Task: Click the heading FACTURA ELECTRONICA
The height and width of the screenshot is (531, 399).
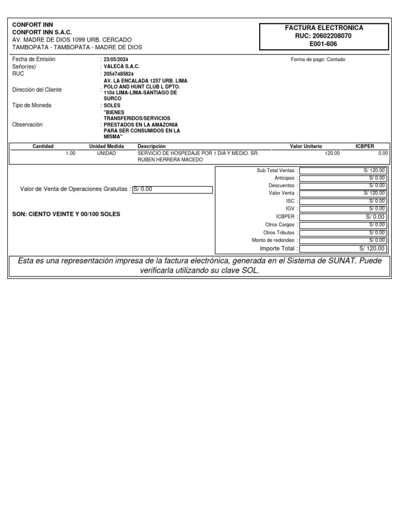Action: pyautogui.click(x=324, y=27)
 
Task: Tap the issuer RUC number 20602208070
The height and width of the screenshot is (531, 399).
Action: pyautogui.click(x=324, y=36)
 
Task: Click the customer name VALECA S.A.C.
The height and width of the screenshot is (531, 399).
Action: pyautogui.click(x=122, y=66)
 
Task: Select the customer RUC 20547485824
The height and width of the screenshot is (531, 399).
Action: pyautogui.click(x=118, y=74)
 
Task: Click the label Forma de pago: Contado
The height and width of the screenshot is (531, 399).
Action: pyautogui.click(x=317, y=59)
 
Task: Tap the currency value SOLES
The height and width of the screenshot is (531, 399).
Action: pyautogui.click(x=112, y=105)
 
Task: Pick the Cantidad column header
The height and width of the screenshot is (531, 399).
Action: pyautogui.click(x=43, y=146)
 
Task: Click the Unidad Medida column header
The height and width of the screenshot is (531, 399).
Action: pyautogui.click(x=107, y=146)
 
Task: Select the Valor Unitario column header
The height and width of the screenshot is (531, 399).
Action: pyautogui.click(x=305, y=146)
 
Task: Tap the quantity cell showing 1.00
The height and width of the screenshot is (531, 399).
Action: pyautogui.click(x=71, y=153)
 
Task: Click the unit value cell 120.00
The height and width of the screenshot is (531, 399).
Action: pyautogui.click(x=332, y=153)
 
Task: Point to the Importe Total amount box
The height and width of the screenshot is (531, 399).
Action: pyautogui.click(x=343, y=248)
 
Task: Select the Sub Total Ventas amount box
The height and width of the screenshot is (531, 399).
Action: pyautogui.click(x=343, y=170)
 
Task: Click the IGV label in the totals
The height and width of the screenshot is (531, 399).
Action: pyautogui.click(x=290, y=208)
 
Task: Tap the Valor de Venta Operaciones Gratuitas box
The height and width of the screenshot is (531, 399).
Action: pyautogui.click(x=172, y=189)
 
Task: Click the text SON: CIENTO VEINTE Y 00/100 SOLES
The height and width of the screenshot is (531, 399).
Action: pyautogui.click(x=66, y=214)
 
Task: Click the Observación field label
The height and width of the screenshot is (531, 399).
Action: pyautogui.click(x=27, y=124)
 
